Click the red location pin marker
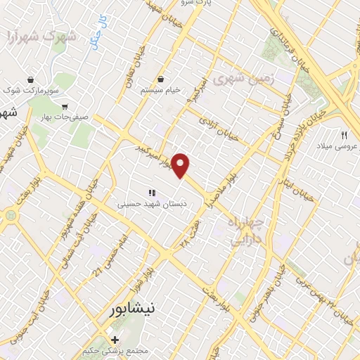pyautogui.click(x=181, y=165)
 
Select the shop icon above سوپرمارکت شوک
pyautogui.click(x=30, y=79)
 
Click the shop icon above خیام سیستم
pyautogui.click(x=162, y=79)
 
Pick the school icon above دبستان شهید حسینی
pyautogui.click(x=150, y=192)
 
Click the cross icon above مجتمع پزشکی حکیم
pyautogui.click(x=115, y=340)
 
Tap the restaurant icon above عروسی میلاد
pyautogui.click(x=345, y=134)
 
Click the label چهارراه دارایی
pyautogui.click(x=247, y=231)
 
